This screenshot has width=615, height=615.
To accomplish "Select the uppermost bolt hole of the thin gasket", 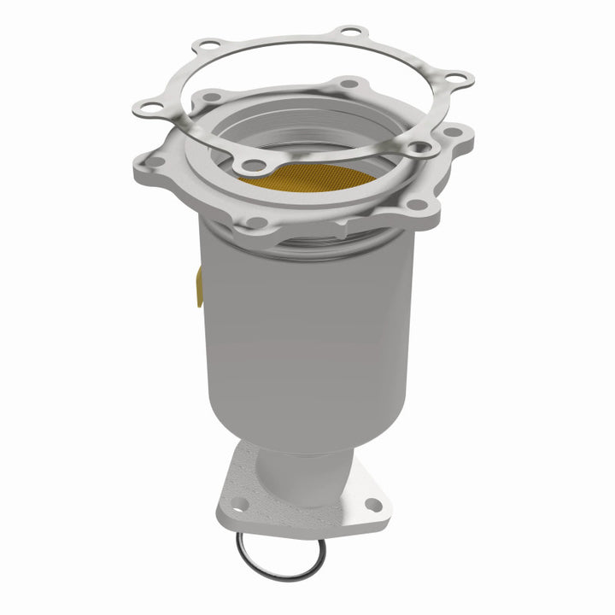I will [x=348, y=32].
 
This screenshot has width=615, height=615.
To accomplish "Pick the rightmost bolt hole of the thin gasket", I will [x=460, y=79].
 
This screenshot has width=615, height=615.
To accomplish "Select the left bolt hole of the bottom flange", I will [x=240, y=503].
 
